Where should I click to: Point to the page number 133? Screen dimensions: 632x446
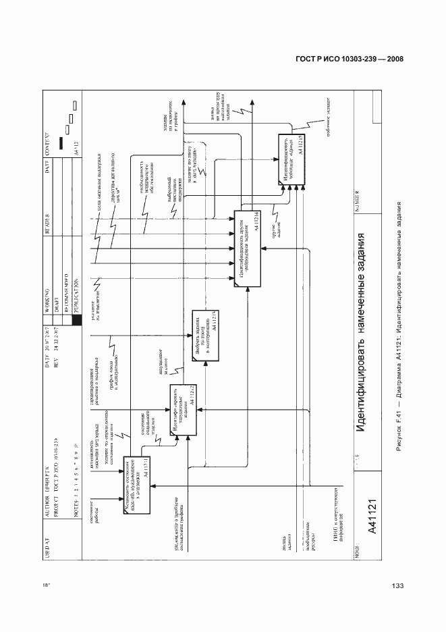pyautogui.click(x=397, y=585)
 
